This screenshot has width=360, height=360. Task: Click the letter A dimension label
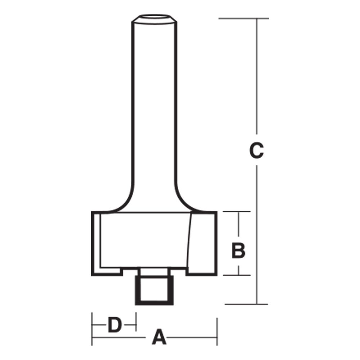159,338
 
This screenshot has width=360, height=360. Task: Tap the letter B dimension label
238,251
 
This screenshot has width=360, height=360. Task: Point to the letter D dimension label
114,326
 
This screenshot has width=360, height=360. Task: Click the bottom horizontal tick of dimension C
246,304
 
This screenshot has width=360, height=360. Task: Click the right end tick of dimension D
136,321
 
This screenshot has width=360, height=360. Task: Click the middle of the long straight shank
154,108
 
